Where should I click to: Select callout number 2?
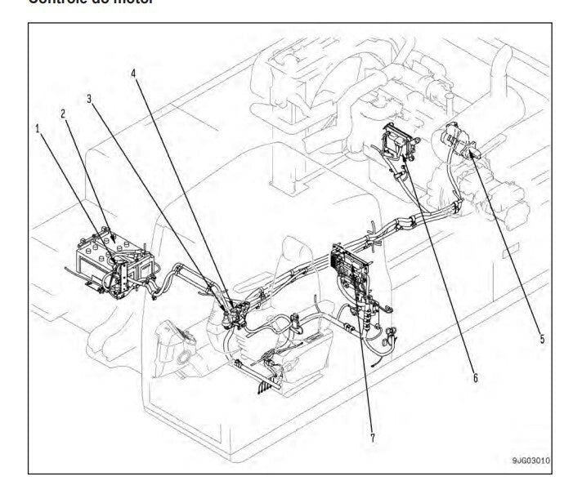63,114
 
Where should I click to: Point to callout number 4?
133,72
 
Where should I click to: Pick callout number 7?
373,438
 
